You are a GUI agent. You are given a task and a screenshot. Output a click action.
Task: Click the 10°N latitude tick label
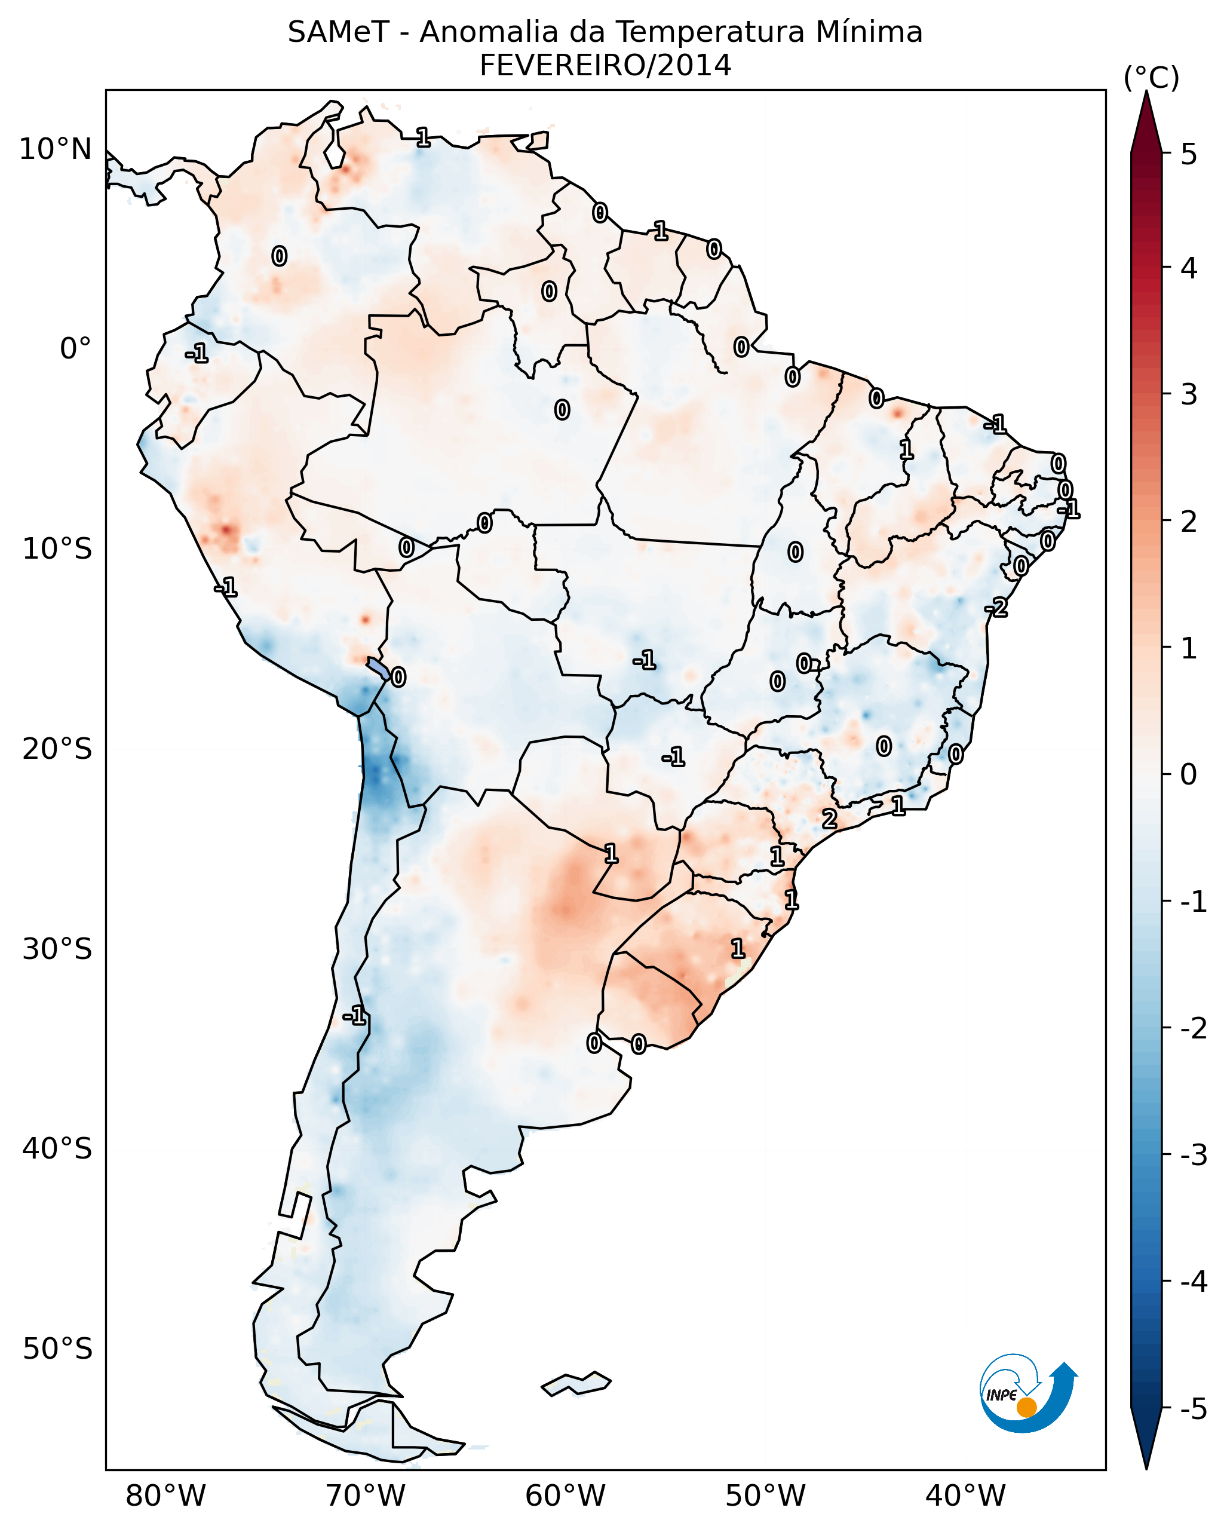(56, 149)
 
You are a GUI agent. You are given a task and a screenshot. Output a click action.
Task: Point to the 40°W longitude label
(965, 1496)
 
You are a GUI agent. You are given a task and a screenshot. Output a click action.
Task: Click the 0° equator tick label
(75, 349)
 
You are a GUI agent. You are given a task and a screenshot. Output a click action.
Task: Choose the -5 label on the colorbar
(1193, 1409)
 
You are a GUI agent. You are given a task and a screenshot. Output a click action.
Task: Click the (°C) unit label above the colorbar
(1151, 78)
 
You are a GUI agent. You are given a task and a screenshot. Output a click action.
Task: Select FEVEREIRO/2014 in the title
(605, 66)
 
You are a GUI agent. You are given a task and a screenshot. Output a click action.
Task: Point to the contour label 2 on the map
(829, 819)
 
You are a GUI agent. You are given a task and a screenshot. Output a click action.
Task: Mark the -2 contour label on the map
(996, 607)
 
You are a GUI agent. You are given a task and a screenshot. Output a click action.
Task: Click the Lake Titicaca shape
(378, 667)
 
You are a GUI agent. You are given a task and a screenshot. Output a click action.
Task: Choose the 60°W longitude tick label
(565, 1496)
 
